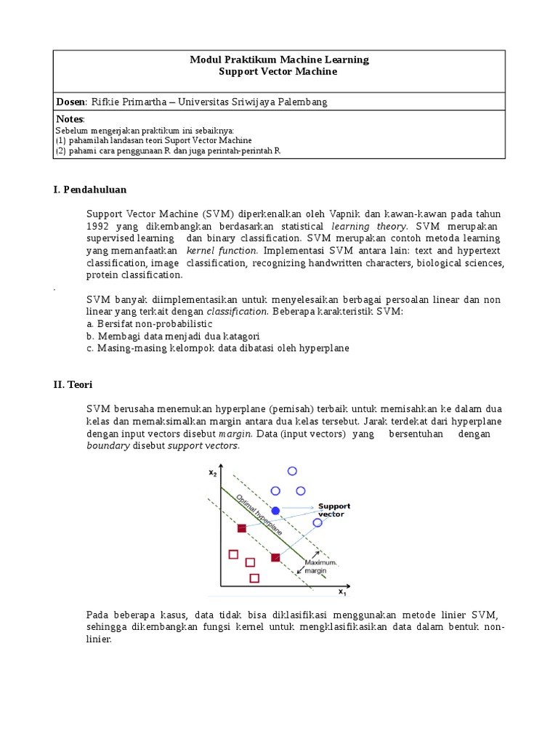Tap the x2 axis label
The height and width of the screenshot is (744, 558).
(212, 473)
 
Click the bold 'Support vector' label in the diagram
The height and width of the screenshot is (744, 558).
(333, 510)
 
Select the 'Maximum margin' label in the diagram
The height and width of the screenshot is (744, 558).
(319, 567)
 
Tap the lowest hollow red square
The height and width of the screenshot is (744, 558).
(254, 578)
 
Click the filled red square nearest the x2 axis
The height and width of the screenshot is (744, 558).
(241, 528)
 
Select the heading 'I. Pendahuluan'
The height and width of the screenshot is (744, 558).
(89, 190)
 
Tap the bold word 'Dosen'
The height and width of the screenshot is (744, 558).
(70, 102)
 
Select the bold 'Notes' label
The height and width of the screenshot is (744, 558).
(70, 119)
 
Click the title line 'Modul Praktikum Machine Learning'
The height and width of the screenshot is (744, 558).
(280, 60)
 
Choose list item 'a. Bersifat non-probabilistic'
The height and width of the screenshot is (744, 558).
(148, 323)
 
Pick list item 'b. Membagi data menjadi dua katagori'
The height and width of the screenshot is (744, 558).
(172, 336)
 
